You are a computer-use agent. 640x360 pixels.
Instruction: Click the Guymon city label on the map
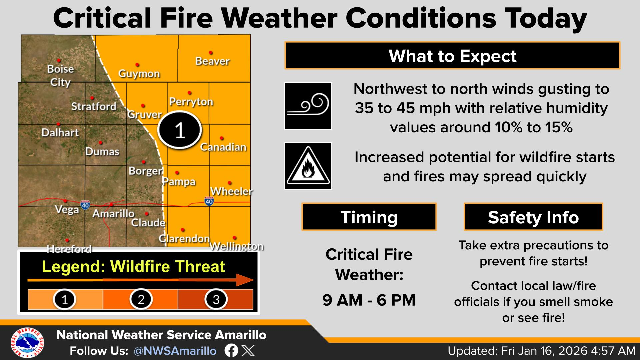pos(139,74)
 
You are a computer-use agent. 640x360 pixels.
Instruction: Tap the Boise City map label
pos(60,76)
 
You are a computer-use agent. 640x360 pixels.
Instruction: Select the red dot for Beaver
pos(211,53)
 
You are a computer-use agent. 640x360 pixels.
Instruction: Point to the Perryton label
pos(191,102)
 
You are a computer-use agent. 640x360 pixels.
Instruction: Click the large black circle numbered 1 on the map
pos(180,130)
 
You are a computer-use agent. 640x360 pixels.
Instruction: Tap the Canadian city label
pos(223,147)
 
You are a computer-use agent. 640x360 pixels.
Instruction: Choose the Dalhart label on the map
pos(60,133)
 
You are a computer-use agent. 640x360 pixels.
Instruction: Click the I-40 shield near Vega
pos(85,205)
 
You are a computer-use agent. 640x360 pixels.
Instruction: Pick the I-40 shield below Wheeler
pos(209,201)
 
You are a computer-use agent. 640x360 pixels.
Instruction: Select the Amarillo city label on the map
pos(113,213)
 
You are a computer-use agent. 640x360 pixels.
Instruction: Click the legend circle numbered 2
pos(141,299)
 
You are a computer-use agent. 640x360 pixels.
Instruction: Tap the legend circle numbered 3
pos(216,299)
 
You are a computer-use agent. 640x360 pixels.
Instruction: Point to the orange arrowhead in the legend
pos(245,280)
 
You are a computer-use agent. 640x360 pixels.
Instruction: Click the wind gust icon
pos(308,106)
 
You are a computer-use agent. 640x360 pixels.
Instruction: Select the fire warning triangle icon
pos(308,166)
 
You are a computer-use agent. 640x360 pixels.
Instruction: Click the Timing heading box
pos(369,217)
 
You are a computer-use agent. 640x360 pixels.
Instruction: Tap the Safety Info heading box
pos(533,217)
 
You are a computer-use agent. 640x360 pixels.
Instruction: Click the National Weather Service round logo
pos(27,343)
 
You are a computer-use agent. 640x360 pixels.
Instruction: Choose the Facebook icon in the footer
pos(231,351)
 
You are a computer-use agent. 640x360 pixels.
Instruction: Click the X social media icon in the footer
pos(248,351)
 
